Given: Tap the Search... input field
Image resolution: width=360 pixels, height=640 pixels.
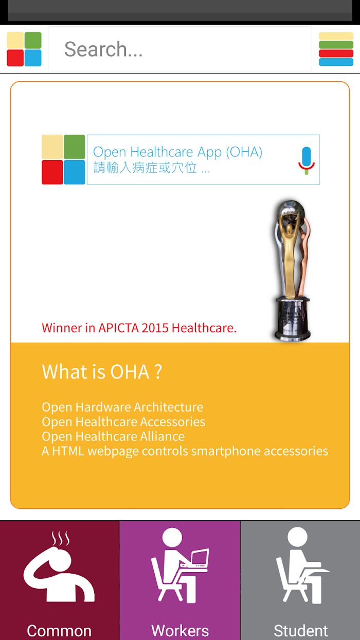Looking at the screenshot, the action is [x=180, y=49].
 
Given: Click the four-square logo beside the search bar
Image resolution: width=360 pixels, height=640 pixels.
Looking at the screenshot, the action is [x=24, y=49].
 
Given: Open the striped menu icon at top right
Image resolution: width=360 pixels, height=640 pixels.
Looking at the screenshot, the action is [x=336, y=49].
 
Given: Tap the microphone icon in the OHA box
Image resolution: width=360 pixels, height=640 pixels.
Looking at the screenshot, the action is [x=307, y=161].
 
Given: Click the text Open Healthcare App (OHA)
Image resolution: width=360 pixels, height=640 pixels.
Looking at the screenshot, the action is [x=177, y=152].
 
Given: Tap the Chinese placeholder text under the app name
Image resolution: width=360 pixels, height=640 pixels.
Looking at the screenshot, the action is [x=152, y=168].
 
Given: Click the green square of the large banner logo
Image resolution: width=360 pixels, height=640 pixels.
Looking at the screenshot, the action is [x=74, y=147].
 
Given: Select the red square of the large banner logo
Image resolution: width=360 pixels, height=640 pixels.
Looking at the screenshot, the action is [x=52, y=172].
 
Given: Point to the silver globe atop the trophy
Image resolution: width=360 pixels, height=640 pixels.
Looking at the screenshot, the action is [x=291, y=210].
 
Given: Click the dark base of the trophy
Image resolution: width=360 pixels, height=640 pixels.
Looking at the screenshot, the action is [x=292, y=319].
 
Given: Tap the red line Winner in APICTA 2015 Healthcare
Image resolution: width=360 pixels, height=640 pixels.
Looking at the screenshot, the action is [x=139, y=328].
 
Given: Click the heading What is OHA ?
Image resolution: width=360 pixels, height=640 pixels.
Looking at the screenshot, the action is [x=102, y=372].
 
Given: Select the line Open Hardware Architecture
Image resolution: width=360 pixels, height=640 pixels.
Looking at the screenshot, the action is [x=122, y=407].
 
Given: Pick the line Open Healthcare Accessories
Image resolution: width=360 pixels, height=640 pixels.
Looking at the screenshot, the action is [x=123, y=422].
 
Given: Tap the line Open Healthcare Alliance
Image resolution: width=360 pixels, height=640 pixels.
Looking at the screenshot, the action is [x=113, y=437].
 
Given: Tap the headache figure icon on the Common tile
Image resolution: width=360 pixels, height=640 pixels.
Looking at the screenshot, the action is [x=59, y=566].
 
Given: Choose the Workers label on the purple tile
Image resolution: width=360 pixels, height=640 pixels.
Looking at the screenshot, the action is [x=180, y=631].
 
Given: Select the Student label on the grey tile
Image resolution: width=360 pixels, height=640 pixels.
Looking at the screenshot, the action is [x=301, y=631].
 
